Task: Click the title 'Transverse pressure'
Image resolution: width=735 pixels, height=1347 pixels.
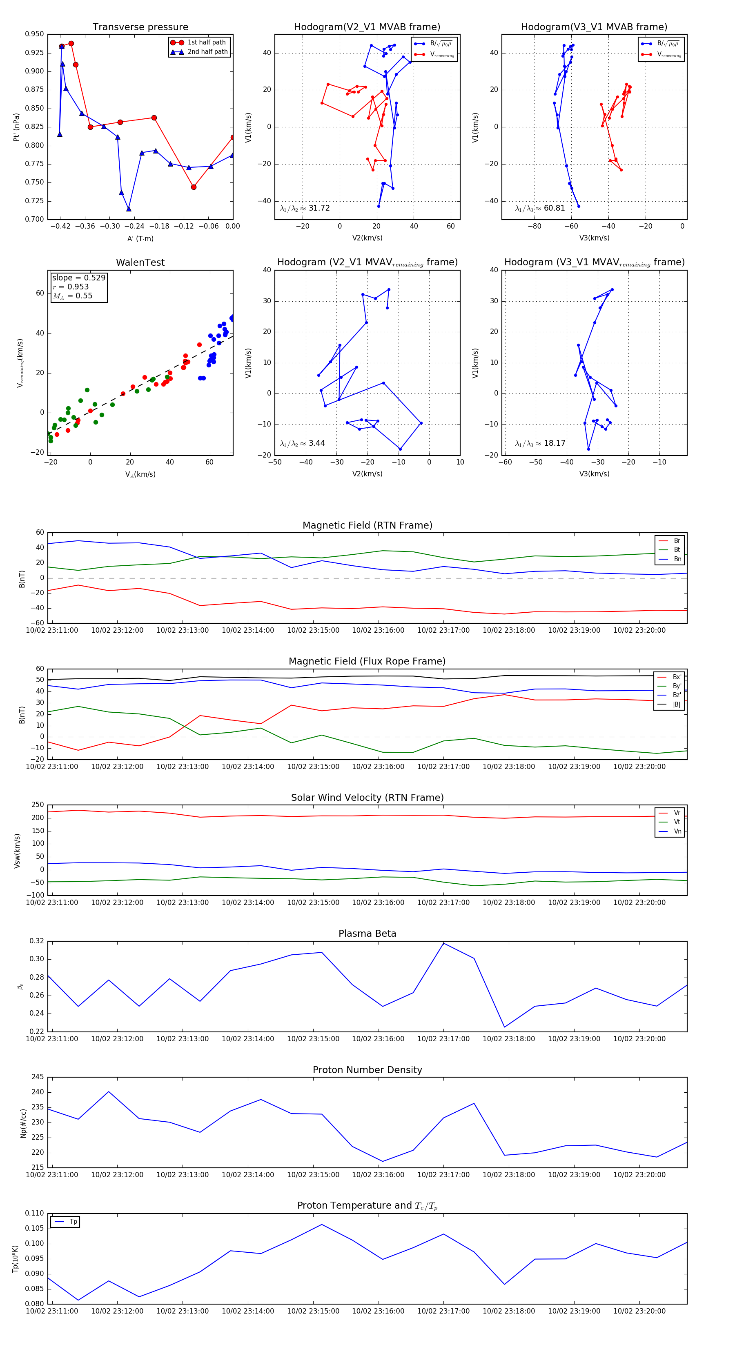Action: (140, 27)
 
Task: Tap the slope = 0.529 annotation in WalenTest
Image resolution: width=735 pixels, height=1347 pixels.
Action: (78, 278)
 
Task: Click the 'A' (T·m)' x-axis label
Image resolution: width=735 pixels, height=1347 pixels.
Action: (140, 239)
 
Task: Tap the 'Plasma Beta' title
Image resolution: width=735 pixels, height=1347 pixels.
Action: (367, 934)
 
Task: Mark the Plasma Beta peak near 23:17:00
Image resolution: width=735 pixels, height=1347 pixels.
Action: (443, 943)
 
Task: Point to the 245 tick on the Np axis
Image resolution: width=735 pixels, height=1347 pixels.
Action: (38, 1077)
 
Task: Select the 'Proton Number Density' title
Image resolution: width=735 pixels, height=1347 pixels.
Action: (367, 1070)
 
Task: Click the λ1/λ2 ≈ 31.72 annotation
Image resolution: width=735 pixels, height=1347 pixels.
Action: (305, 208)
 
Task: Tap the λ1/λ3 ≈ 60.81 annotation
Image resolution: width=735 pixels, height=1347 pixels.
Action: (540, 208)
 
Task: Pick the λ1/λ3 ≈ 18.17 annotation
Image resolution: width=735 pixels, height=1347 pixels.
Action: (540, 443)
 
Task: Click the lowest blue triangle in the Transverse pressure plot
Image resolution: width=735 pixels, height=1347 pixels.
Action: (129, 209)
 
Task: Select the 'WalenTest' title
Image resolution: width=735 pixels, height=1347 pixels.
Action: (140, 262)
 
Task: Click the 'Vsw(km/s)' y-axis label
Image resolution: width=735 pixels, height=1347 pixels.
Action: (17, 851)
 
